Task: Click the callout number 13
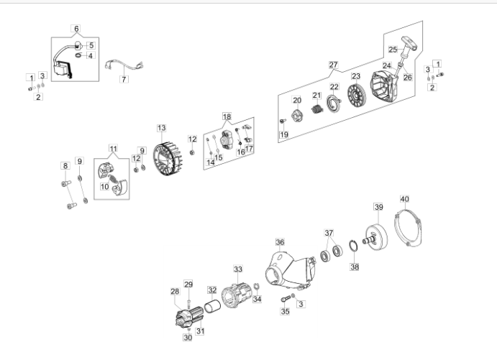click(x=162, y=127)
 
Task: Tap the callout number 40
click(x=404, y=198)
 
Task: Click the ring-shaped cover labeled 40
click(x=412, y=229)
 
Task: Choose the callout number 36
click(x=280, y=242)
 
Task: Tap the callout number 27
click(x=333, y=65)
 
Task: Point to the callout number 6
click(x=76, y=29)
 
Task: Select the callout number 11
click(x=113, y=148)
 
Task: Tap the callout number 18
click(x=227, y=116)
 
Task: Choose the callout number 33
click(x=237, y=269)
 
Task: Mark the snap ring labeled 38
click(x=354, y=249)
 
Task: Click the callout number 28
click(x=174, y=291)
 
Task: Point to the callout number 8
click(x=65, y=166)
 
